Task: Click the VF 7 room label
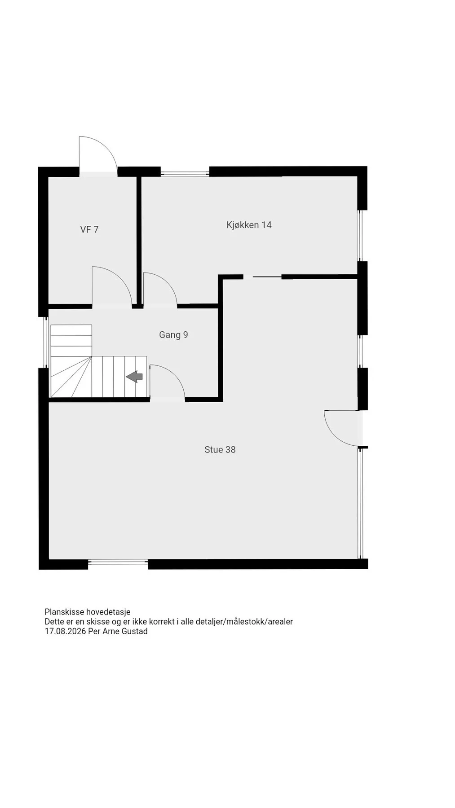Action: (89, 229)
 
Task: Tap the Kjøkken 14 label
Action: (249, 225)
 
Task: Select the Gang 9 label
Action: (173, 334)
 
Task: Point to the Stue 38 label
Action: (220, 449)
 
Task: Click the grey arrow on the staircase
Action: (134, 377)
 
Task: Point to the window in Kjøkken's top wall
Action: (185, 173)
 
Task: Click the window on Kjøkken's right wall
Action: (360, 236)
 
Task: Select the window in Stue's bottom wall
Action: (118, 562)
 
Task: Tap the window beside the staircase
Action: (46, 342)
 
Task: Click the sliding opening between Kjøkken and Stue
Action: (262, 277)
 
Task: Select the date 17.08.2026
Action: (65, 631)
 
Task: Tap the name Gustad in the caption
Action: (135, 631)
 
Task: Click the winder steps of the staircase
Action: (71, 377)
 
